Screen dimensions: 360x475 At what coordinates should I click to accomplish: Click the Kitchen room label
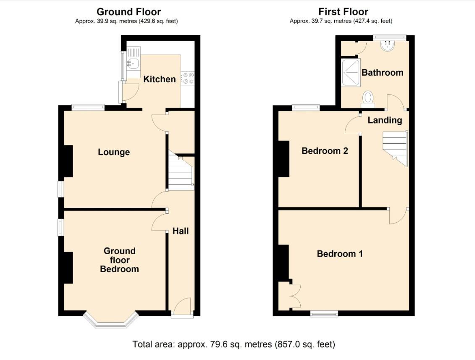click(160, 79)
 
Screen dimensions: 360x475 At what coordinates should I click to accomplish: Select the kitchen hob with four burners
click(188, 78)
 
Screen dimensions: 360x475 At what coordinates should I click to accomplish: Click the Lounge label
click(114, 152)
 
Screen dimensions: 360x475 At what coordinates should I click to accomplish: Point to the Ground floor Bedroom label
click(120, 260)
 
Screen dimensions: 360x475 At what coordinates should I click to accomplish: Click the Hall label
click(181, 231)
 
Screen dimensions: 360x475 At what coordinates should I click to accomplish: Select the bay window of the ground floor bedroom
click(111, 322)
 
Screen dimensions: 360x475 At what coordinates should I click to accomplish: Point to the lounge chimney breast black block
click(68, 161)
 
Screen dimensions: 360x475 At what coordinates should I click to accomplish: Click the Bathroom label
click(382, 72)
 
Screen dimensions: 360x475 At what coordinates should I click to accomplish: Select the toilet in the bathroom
click(368, 98)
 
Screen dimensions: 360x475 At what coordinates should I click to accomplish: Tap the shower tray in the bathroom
click(351, 72)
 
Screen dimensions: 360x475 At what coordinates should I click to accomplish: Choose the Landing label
click(385, 120)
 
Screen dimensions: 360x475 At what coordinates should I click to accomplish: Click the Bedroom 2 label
click(325, 151)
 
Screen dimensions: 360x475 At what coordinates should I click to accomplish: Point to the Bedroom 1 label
click(340, 254)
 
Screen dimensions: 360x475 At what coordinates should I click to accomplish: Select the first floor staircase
click(395, 148)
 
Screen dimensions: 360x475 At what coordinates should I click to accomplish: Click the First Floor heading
click(343, 12)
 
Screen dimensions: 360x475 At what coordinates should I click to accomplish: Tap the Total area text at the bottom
click(234, 344)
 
